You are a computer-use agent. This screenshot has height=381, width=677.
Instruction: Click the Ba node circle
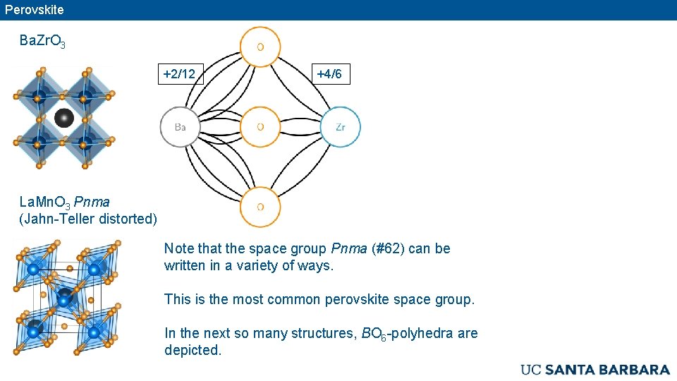pyautogui.click(x=181, y=127)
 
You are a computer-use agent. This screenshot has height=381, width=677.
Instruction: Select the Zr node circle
pyautogui.click(x=341, y=127)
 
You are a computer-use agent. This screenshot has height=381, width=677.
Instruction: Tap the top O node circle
pyautogui.click(x=260, y=47)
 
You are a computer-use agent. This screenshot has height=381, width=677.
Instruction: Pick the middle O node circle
pyautogui.click(x=260, y=127)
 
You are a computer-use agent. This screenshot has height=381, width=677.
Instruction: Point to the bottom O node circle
pyautogui.click(x=260, y=207)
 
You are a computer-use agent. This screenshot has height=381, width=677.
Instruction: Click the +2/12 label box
pyautogui.click(x=179, y=73)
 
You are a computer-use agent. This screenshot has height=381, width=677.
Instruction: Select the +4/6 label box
pyautogui.click(x=329, y=73)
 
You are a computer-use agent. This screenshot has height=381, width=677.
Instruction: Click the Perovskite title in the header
pyautogui.click(x=34, y=10)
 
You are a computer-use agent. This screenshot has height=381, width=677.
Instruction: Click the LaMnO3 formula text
pyautogui.click(x=44, y=202)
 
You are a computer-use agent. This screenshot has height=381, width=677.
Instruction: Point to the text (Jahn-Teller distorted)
pyautogui.click(x=88, y=219)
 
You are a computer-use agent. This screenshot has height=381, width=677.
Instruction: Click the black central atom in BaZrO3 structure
pyautogui.click(x=64, y=117)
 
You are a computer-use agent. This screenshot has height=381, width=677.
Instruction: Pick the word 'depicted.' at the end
pyautogui.click(x=193, y=350)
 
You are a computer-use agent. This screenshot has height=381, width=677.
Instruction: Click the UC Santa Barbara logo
pyautogui.click(x=594, y=370)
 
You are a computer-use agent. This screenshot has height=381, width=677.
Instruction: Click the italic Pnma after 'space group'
pyautogui.click(x=349, y=248)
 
